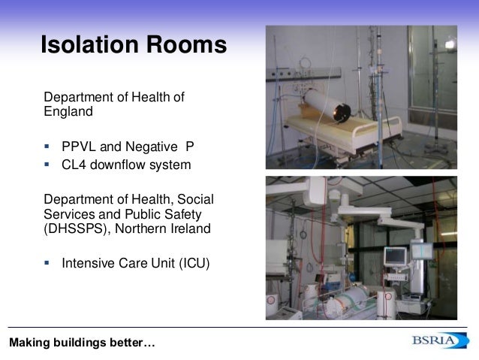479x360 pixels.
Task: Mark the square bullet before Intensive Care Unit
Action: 47,263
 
